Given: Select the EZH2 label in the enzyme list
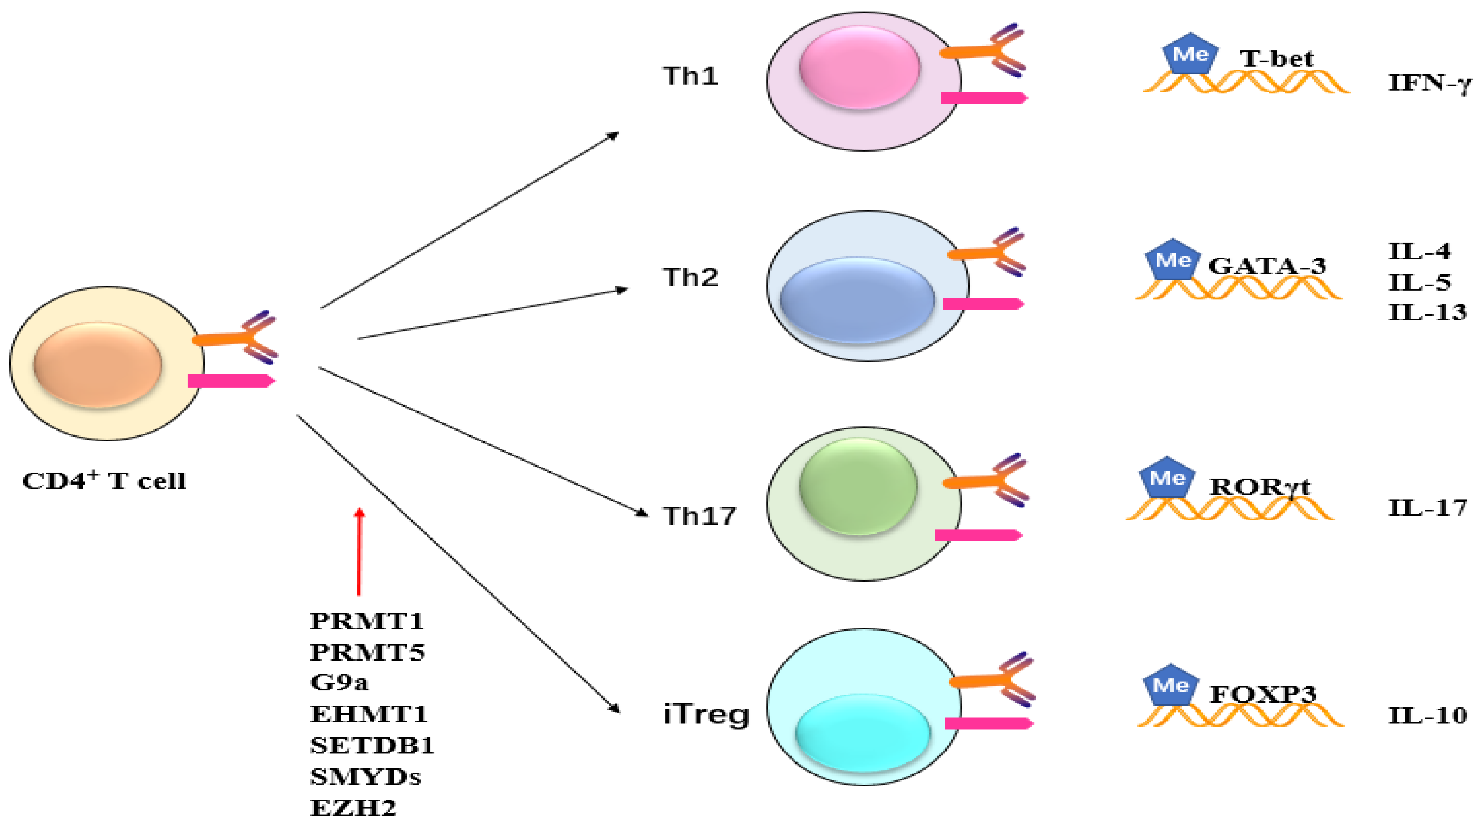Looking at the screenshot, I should point(353,808).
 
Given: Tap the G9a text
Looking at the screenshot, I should point(339,682).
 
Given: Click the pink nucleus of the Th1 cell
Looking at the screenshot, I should point(859,67).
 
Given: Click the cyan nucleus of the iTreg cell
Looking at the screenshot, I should point(862,732).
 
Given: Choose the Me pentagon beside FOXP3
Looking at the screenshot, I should point(1170,685).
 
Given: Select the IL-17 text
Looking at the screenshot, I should point(1427,508).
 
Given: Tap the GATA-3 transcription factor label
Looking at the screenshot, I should point(1267,266).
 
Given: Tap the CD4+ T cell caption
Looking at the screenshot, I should point(104,480).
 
